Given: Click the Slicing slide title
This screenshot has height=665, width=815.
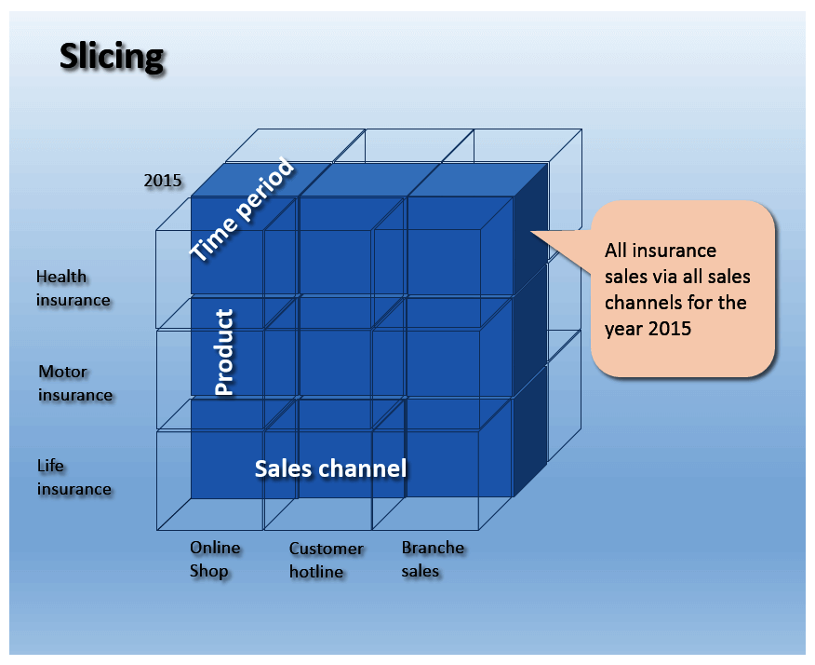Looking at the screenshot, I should [112, 56].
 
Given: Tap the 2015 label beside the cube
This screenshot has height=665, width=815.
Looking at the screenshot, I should [163, 181].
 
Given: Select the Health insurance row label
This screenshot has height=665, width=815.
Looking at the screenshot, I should [73, 288].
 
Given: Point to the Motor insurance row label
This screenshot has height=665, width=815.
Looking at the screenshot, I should [74, 383].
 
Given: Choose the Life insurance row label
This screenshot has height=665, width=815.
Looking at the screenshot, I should [73, 477].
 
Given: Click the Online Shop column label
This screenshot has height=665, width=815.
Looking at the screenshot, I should [214, 559].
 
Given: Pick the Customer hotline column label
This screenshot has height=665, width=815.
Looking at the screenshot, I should [326, 560].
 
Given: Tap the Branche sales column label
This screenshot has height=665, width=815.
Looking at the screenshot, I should [433, 559].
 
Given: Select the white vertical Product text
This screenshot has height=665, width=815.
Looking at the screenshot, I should [224, 352].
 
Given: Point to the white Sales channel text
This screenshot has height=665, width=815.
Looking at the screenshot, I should [330, 468].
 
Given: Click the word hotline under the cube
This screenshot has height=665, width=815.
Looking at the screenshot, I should [316, 572].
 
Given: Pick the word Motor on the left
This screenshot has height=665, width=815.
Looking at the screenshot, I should [62, 372].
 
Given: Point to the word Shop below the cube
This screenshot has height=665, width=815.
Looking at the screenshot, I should [208, 571].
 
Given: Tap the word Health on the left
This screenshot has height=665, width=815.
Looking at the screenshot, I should [61, 276].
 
